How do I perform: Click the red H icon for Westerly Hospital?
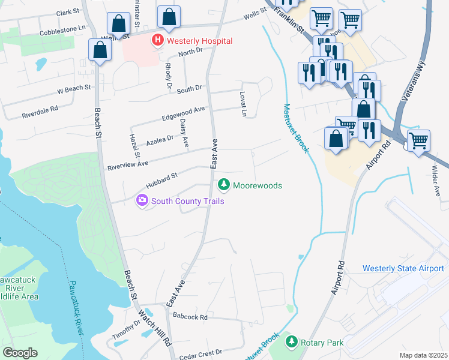(157, 41)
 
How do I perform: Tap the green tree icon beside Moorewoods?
(224, 185)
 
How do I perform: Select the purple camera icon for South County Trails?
(142, 200)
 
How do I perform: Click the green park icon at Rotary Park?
(292, 342)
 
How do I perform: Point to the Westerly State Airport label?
(403, 268)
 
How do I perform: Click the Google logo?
(20, 353)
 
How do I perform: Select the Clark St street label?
(67, 12)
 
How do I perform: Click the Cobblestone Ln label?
(58, 29)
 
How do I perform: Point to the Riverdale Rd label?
(40, 109)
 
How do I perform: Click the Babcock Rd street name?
(189, 316)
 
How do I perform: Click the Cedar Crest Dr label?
(200, 352)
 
